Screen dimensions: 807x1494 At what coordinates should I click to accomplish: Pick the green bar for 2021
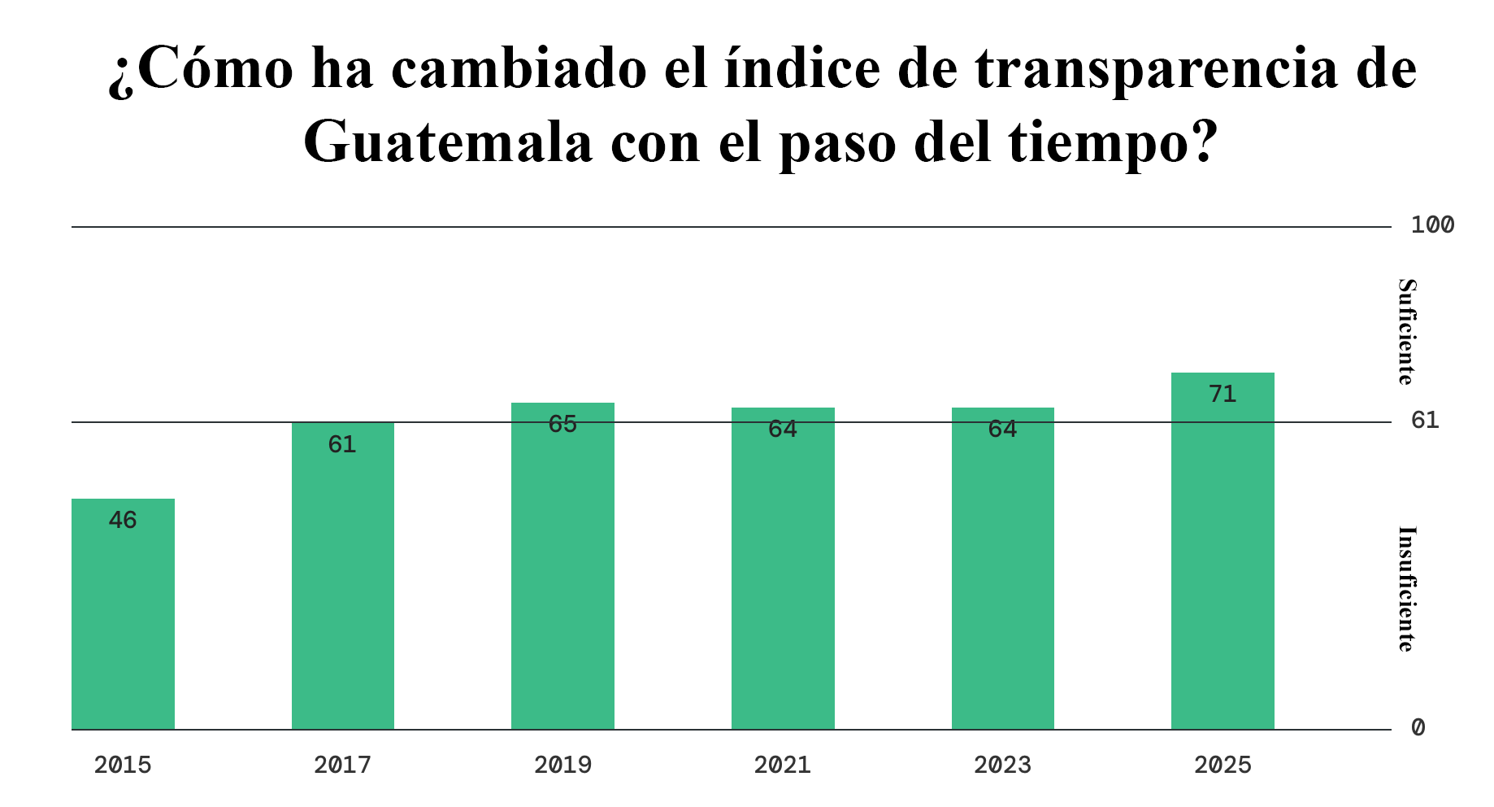[783, 569]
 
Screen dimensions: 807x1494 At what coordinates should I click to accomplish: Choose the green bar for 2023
[1002, 569]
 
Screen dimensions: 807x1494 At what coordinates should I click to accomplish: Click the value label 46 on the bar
[123, 521]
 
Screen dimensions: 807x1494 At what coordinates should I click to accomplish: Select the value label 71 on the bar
[1223, 395]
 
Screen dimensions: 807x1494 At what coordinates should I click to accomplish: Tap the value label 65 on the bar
[562, 425]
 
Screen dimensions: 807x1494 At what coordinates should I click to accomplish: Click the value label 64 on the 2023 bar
[1002, 430]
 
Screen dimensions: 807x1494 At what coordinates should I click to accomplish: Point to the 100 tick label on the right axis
[1432, 225]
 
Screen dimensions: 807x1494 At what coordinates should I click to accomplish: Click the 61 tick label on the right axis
[1425, 421]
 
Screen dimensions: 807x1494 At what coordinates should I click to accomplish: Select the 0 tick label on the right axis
[1418, 728]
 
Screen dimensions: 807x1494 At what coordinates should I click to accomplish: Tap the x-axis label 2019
[562, 766]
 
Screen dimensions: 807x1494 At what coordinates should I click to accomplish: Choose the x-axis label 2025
[1223, 766]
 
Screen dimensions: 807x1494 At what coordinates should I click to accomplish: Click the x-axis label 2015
[123, 766]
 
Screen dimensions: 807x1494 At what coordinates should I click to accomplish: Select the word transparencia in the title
[1156, 69]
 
